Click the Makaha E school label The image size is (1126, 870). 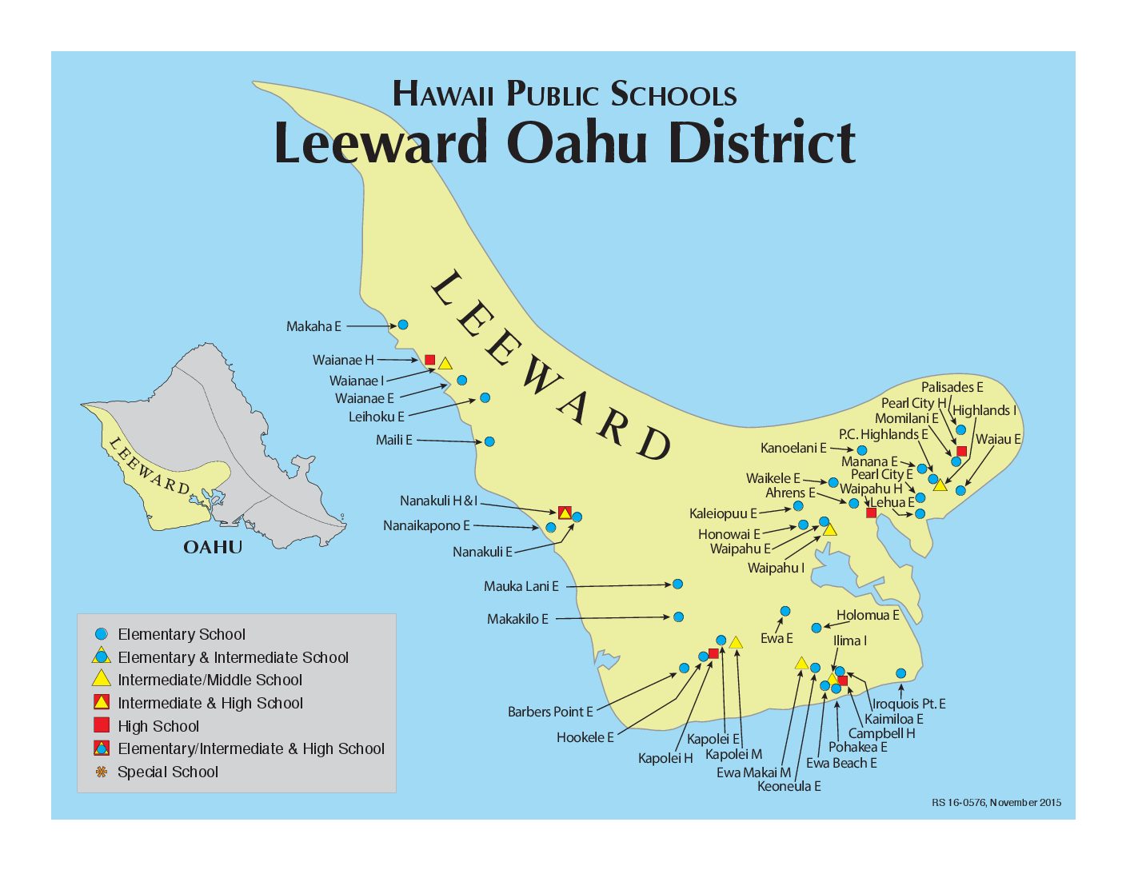point(313,326)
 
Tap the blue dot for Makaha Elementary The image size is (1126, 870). point(403,325)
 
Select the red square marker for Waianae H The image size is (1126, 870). point(429,360)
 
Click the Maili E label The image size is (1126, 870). point(394,440)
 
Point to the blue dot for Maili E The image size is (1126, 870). point(489,441)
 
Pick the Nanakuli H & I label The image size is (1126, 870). point(438,501)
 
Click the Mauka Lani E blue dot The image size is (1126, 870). point(677,585)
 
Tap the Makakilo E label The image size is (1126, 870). point(517,619)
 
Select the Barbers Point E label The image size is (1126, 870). point(550,712)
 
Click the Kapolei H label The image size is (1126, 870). point(665,758)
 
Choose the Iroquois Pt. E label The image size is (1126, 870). point(908,704)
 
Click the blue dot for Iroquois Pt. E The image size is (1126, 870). point(900,673)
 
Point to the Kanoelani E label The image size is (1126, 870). point(793,448)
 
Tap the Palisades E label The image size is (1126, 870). point(952,387)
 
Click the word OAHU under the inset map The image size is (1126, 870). point(213,547)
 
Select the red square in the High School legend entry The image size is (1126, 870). point(102,725)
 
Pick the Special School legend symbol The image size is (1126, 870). point(101,772)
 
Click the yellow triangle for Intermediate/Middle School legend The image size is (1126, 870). point(102,680)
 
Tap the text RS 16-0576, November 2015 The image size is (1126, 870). point(996,802)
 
